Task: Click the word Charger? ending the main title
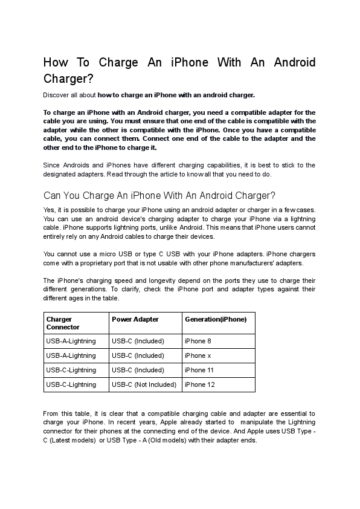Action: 68,79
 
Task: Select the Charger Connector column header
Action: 63,323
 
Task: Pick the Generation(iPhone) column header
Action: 215,319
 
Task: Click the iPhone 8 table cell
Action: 198,341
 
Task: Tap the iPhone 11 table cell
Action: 199,370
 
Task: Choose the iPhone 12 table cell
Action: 199,384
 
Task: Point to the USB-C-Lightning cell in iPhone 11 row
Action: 71,370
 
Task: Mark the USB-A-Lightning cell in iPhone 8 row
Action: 71,341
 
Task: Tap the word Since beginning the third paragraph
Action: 52,165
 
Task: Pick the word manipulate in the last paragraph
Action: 257,422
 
